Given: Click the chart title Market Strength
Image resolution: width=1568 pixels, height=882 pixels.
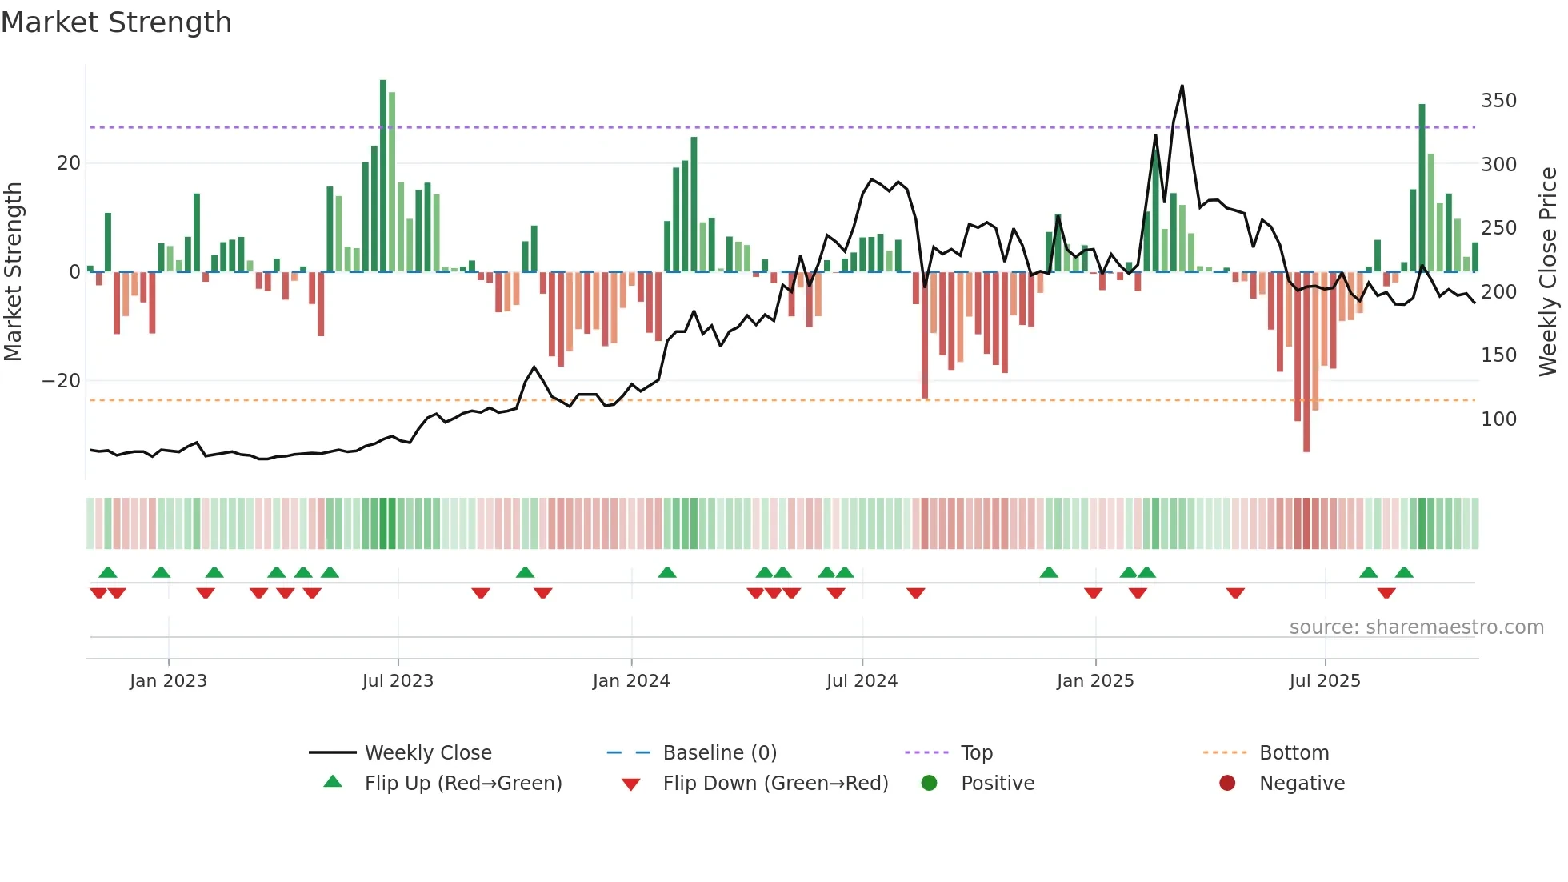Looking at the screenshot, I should point(116,22).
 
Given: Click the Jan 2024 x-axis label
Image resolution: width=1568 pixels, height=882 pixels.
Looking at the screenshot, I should point(630,681).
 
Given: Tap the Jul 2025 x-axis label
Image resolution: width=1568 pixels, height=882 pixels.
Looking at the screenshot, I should point(1324,681).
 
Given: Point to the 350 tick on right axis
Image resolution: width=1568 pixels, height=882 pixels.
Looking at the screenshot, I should point(1498,101).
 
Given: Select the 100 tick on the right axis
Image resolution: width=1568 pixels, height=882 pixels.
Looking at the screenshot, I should point(1498,419).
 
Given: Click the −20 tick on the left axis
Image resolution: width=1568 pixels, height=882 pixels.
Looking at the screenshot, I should point(62,381).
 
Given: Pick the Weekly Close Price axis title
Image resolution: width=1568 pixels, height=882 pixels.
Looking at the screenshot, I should point(1548,272).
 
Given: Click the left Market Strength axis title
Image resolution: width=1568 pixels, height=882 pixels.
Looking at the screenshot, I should point(14,272).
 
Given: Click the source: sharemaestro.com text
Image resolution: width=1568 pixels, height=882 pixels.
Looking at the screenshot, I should point(1416,627).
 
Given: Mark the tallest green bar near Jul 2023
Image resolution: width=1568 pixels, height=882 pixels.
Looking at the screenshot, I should point(383,176).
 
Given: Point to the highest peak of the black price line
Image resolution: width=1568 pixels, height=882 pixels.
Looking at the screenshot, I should point(1182,86).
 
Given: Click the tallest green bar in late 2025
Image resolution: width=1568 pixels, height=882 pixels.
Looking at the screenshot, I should point(1422,188).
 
